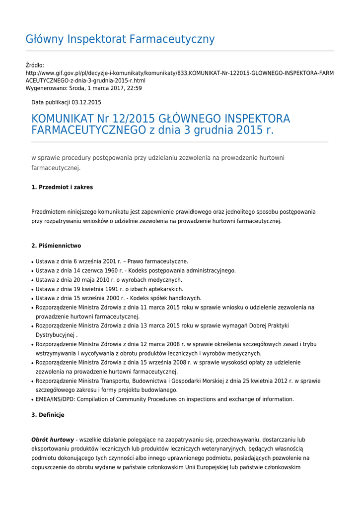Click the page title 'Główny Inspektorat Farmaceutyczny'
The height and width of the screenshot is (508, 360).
click(x=120, y=39)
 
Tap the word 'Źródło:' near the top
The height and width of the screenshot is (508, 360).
click(x=35, y=65)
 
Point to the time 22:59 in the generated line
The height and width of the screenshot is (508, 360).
click(x=135, y=88)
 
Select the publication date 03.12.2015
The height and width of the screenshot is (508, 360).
click(x=86, y=102)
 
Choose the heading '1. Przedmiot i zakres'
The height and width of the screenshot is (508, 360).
click(x=62, y=188)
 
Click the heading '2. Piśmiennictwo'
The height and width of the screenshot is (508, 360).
click(x=56, y=246)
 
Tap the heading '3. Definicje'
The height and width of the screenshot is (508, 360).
click(x=48, y=415)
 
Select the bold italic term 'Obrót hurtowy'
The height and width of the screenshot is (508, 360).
click(x=53, y=440)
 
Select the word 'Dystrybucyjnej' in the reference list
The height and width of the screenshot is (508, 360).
click(x=55, y=335)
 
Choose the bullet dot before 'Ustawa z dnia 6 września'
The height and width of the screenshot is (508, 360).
click(x=32, y=262)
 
